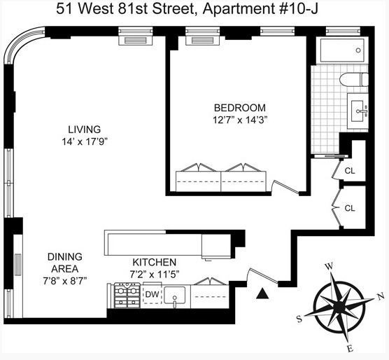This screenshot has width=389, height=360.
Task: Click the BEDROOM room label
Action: [x=239, y=107]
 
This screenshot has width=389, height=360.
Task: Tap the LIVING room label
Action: [x=84, y=129]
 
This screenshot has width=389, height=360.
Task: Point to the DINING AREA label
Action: [x=67, y=262]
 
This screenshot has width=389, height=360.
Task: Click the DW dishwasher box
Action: [x=152, y=295]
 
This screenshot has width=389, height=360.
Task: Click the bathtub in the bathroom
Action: [x=339, y=50]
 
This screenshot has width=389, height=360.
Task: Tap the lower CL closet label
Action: [x=350, y=208]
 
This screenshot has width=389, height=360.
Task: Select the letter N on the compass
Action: [x=381, y=296]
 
